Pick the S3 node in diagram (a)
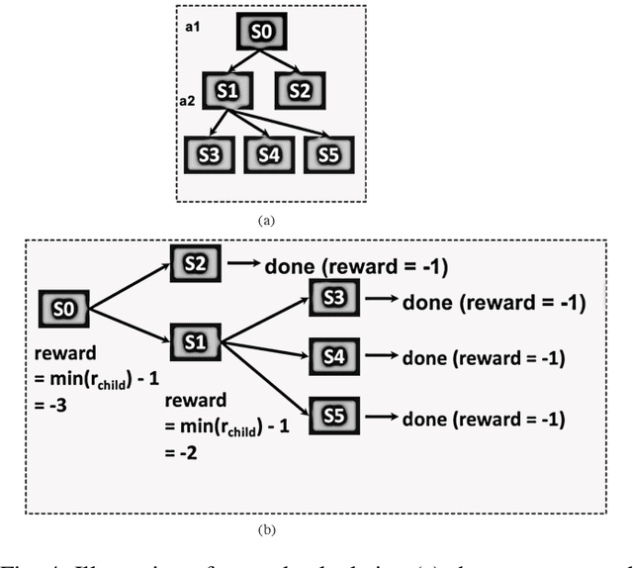tap(208, 154)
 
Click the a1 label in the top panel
tap(194, 26)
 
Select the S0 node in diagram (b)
tap(63, 309)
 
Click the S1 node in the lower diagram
tap(195, 342)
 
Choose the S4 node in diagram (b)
tap(336, 356)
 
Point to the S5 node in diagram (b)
tap(336, 417)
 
